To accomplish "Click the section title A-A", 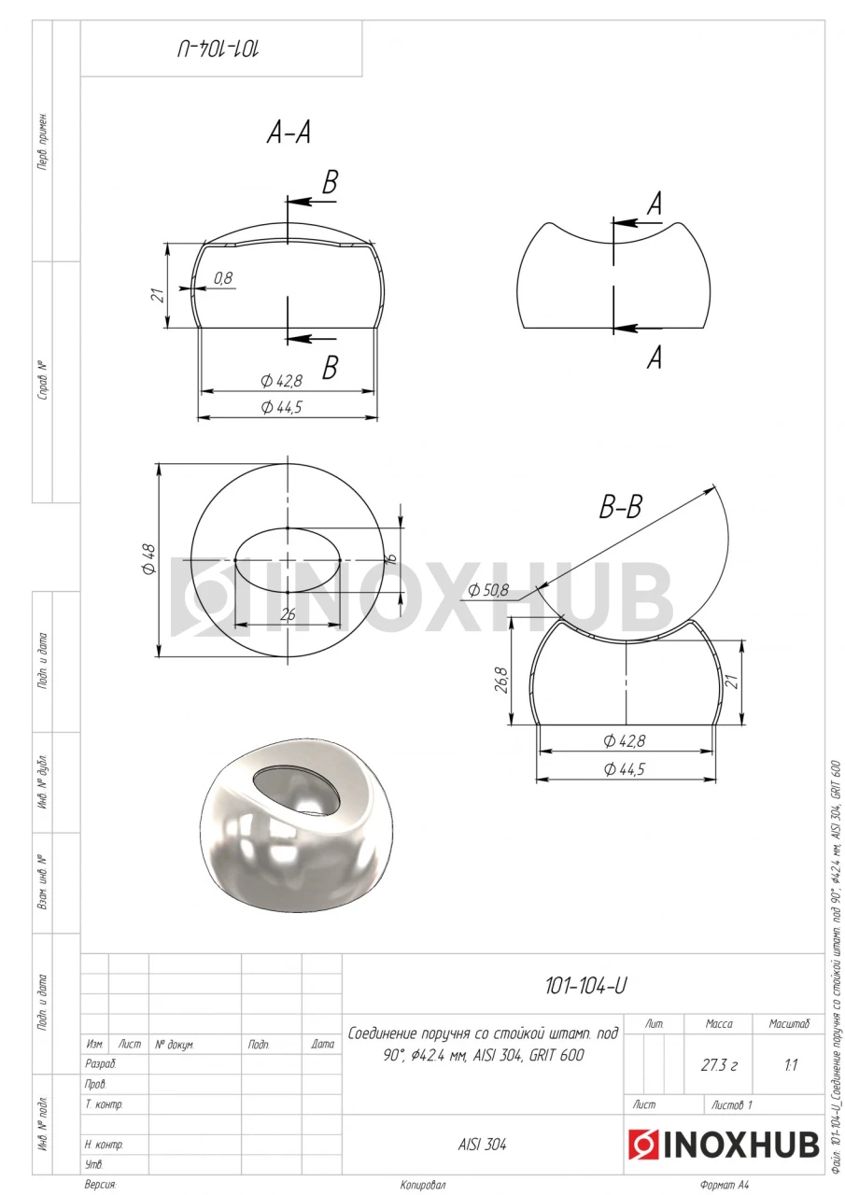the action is (289, 132).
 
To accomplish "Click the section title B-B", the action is (620, 507).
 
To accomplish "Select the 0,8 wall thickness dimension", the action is (223, 278).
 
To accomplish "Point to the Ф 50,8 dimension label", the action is (488, 590).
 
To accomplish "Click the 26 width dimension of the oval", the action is (288, 615).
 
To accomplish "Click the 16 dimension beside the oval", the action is (391, 558).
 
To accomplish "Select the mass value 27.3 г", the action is (719, 1065).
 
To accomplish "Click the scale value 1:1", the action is (791, 1065).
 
